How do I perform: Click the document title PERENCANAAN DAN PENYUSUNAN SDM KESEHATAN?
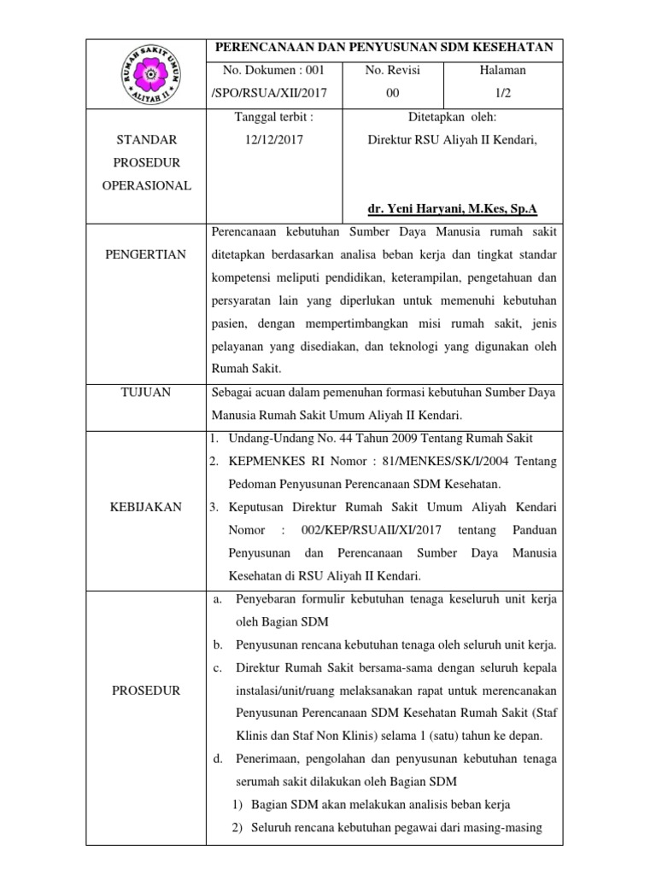[384, 48]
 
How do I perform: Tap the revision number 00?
[392, 94]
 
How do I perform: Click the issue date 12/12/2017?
[267, 139]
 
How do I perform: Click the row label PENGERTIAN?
[146, 254]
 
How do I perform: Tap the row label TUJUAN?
[146, 392]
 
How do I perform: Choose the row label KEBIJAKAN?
[146, 507]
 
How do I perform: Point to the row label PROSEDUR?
[146, 690]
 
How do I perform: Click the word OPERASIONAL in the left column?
[146, 185]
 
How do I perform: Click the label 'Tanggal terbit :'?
[267, 117]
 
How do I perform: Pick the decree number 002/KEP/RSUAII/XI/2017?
[363, 530]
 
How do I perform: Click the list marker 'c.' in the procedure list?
[217, 667]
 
